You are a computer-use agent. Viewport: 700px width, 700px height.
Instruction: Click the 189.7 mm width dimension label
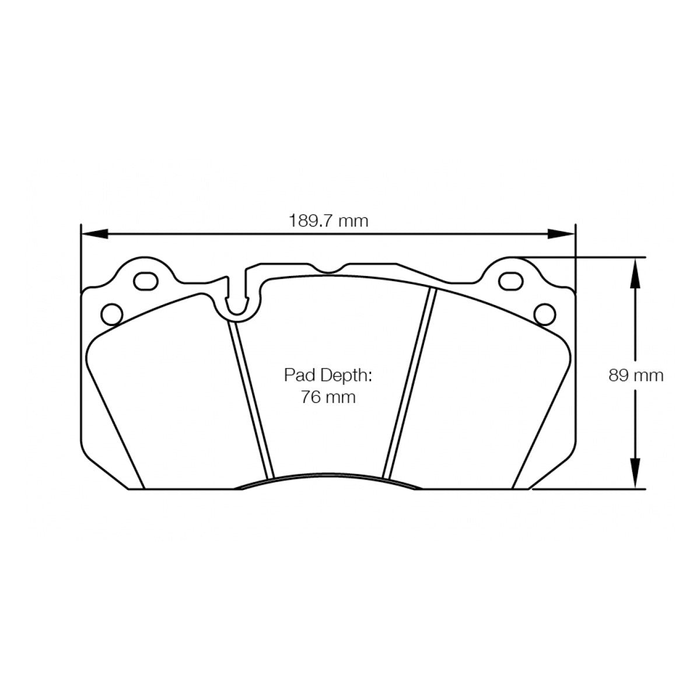tap(329, 221)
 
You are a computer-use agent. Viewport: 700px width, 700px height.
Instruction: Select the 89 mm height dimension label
tap(636, 375)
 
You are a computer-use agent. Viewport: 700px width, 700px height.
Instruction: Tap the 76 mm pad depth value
tap(328, 397)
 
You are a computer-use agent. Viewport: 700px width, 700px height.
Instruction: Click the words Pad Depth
tap(328, 375)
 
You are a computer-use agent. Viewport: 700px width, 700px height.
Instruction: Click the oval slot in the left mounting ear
tap(146, 281)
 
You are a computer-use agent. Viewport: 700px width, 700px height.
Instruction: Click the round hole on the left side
tap(110, 313)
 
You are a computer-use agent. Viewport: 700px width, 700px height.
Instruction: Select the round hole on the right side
tap(545, 313)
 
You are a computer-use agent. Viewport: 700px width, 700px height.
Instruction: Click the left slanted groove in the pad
tap(251, 400)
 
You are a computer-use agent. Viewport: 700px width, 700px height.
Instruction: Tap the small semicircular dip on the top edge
tap(330, 269)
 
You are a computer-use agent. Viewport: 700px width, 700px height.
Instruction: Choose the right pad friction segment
tap(484, 397)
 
